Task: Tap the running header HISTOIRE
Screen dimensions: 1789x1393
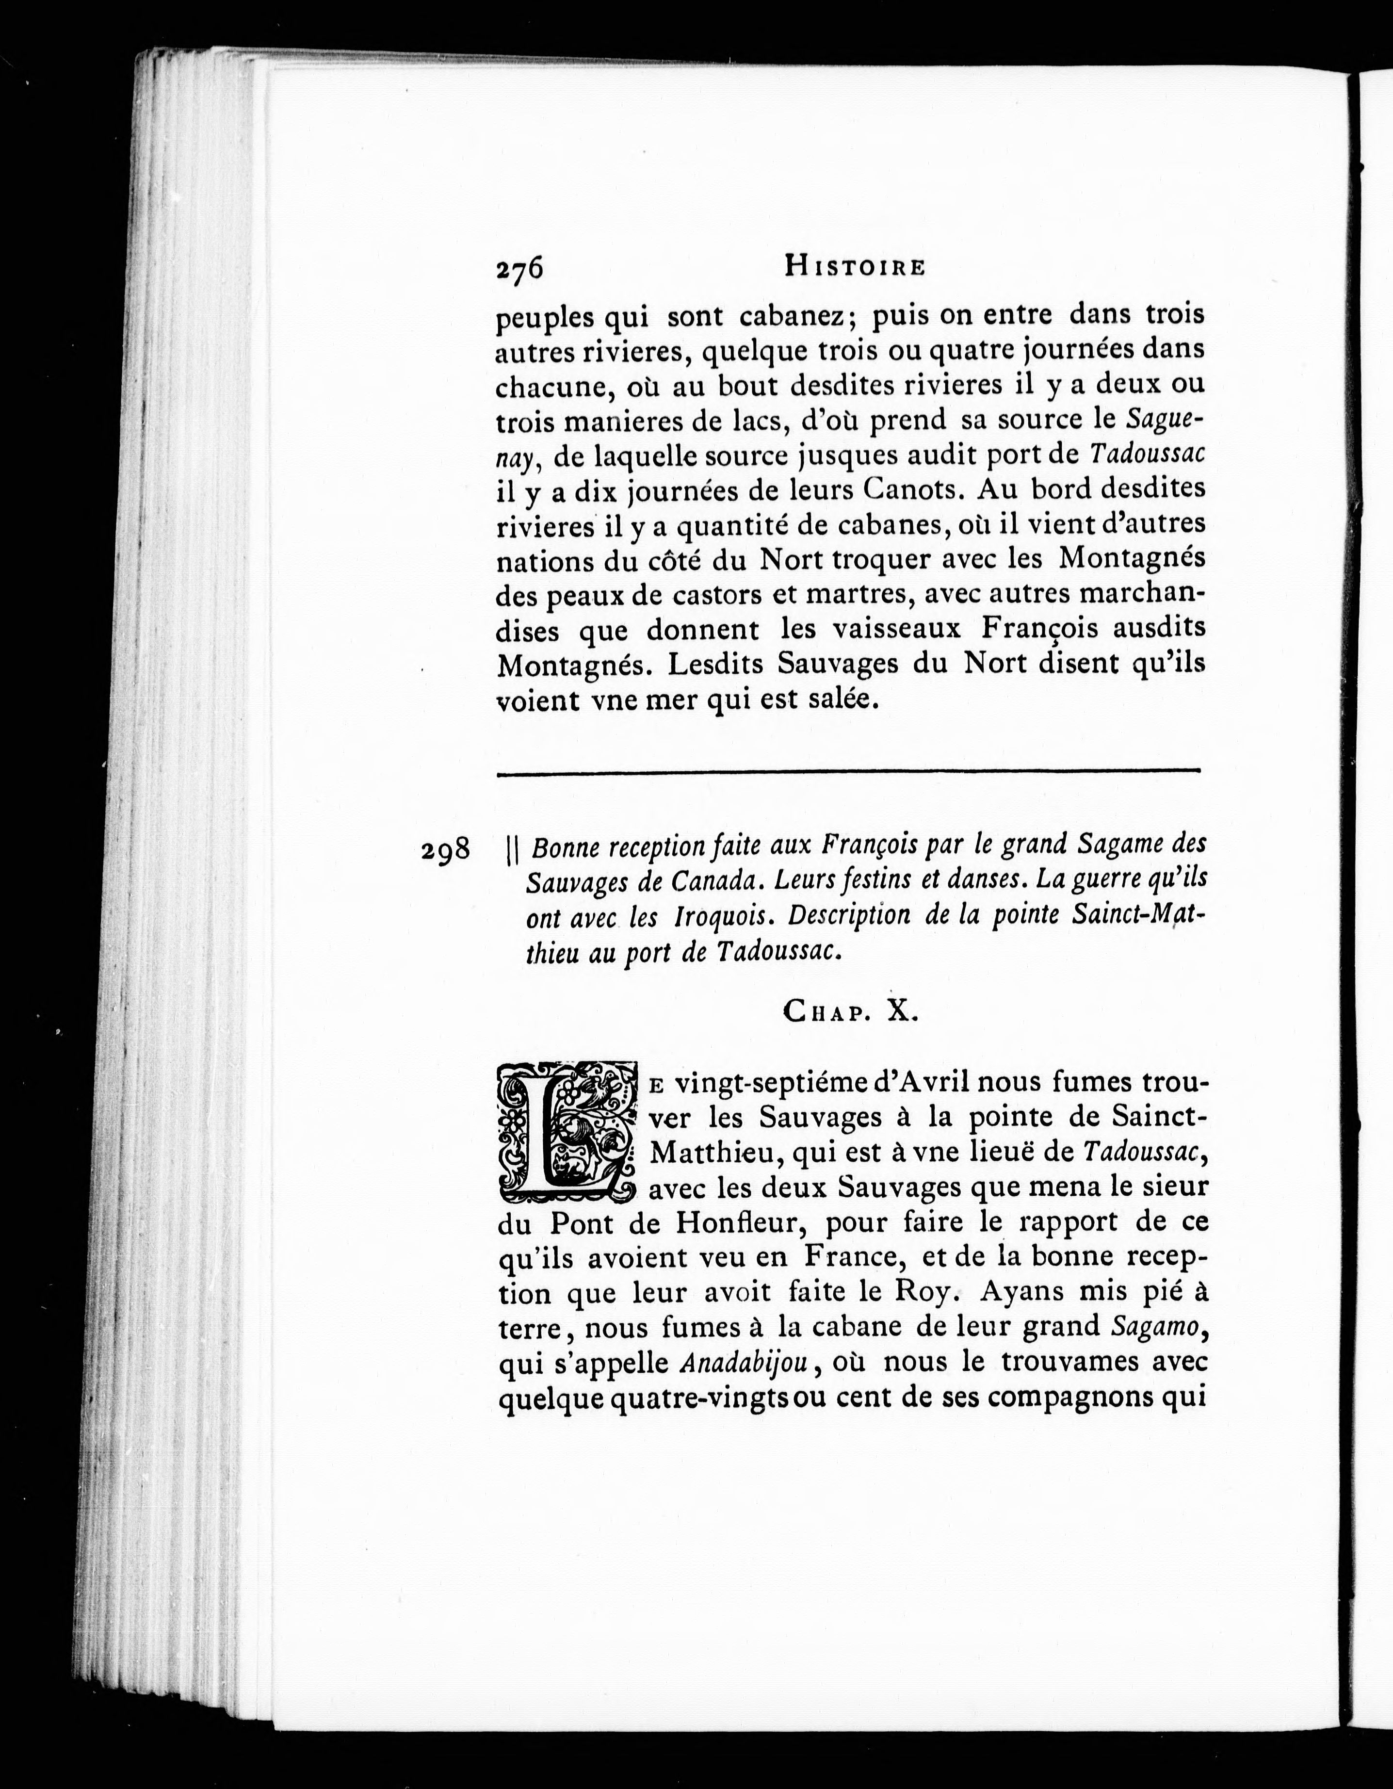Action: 855,266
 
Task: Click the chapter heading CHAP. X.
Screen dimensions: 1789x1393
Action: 852,1012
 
